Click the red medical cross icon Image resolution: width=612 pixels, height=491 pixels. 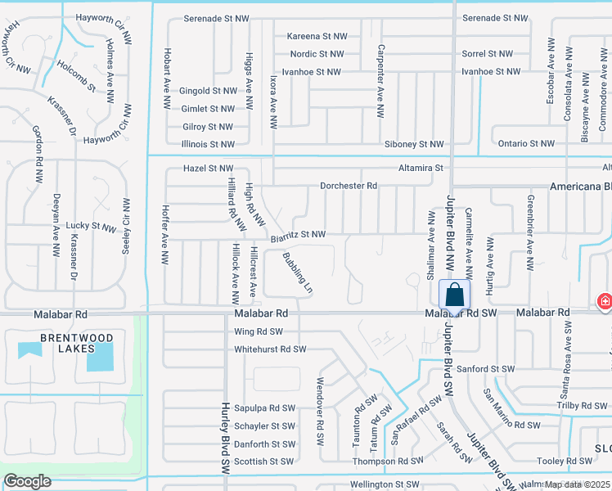coord(605,302)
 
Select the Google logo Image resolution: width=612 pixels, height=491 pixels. coord(27,481)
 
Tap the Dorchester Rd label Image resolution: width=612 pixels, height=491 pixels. coord(348,186)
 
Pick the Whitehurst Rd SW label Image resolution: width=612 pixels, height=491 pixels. coord(270,349)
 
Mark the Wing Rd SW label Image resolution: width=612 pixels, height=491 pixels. coord(258,331)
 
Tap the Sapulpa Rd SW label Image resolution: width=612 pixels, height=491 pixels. coord(264,408)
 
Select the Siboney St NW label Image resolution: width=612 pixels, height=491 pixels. coord(414,144)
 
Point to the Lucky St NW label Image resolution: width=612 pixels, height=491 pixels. coord(92,226)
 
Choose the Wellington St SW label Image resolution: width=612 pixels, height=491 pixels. coord(385,484)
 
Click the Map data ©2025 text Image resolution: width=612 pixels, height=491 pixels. coord(576,484)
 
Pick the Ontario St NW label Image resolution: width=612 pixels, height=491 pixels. coord(525,143)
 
